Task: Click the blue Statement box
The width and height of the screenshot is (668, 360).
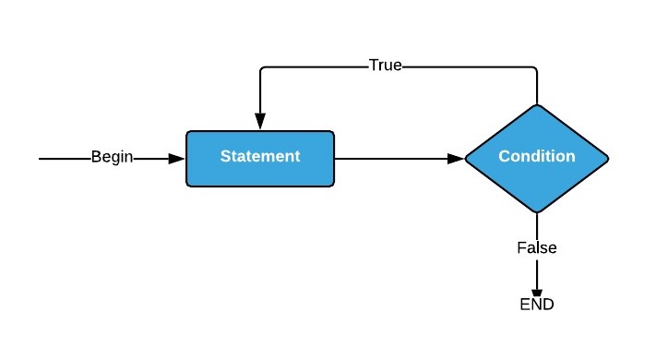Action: pyautogui.click(x=260, y=158)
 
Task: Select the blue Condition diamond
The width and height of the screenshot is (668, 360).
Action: pyautogui.click(x=536, y=158)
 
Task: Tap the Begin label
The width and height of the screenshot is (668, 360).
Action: pyautogui.click(x=113, y=157)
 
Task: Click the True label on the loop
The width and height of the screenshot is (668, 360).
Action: pyautogui.click(x=385, y=66)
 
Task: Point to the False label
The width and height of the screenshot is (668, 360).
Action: pyautogui.click(x=536, y=248)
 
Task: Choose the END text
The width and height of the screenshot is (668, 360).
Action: pyautogui.click(x=536, y=304)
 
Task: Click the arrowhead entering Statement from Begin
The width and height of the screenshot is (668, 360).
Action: pyautogui.click(x=178, y=158)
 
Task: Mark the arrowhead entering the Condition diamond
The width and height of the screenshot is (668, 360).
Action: pyautogui.click(x=456, y=158)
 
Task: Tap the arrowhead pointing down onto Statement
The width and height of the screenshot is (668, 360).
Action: pyautogui.click(x=260, y=122)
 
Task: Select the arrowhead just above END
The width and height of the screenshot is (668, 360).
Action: pyautogui.click(x=536, y=293)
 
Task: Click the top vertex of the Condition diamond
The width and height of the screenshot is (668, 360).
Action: pyautogui.click(x=536, y=104)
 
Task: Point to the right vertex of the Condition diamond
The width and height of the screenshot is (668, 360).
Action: pyautogui.click(x=608, y=158)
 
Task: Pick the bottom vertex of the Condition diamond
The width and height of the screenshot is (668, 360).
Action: pyautogui.click(x=536, y=212)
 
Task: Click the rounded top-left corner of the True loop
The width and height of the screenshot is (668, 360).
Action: pyautogui.click(x=263, y=69)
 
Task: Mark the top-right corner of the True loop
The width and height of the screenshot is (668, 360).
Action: pyautogui.click(x=536, y=67)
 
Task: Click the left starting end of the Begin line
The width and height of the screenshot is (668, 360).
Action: pyautogui.click(x=41, y=158)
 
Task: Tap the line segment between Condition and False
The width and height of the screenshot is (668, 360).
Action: pyautogui.click(x=536, y=226)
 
